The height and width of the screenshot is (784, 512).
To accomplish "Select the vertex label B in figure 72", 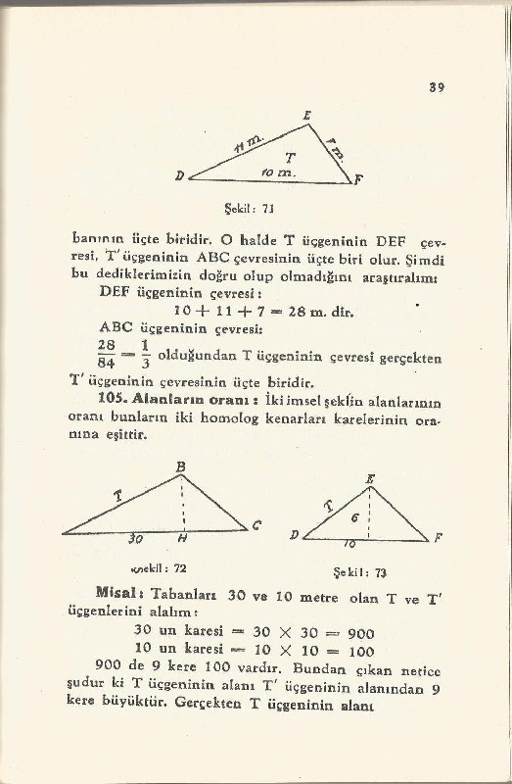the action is click(x=180, y=468).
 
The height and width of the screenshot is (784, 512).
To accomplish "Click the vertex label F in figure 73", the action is click(x=437, y=539).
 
